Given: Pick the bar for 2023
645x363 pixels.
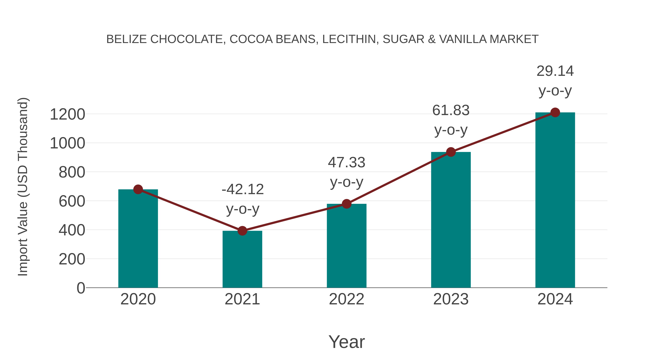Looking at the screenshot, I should [x=451, y=220].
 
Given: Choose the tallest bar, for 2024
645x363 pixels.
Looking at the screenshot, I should [x=555, y=200].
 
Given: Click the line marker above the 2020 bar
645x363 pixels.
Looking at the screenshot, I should [x=138, y=189].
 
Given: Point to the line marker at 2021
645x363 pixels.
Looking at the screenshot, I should [x=242, y=231].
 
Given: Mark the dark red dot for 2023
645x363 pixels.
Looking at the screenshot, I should [x=451, y=152].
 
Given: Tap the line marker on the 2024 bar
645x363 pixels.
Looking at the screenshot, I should [x=555, y=112].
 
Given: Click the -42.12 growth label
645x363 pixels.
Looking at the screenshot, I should [x=243, y=189].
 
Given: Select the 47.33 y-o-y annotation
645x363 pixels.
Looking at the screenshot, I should [x=347, y=163].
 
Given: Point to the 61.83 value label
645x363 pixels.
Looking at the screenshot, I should [x=451, y=110].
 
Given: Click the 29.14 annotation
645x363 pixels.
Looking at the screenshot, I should [x=555, y=71].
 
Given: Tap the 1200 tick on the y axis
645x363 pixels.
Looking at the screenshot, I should [x=67, y=115].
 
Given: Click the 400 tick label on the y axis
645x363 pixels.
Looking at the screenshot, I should [x=72, y=230].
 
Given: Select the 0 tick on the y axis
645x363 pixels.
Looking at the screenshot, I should [x=81, y=288].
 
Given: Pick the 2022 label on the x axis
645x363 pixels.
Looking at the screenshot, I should [x=347, y=299].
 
